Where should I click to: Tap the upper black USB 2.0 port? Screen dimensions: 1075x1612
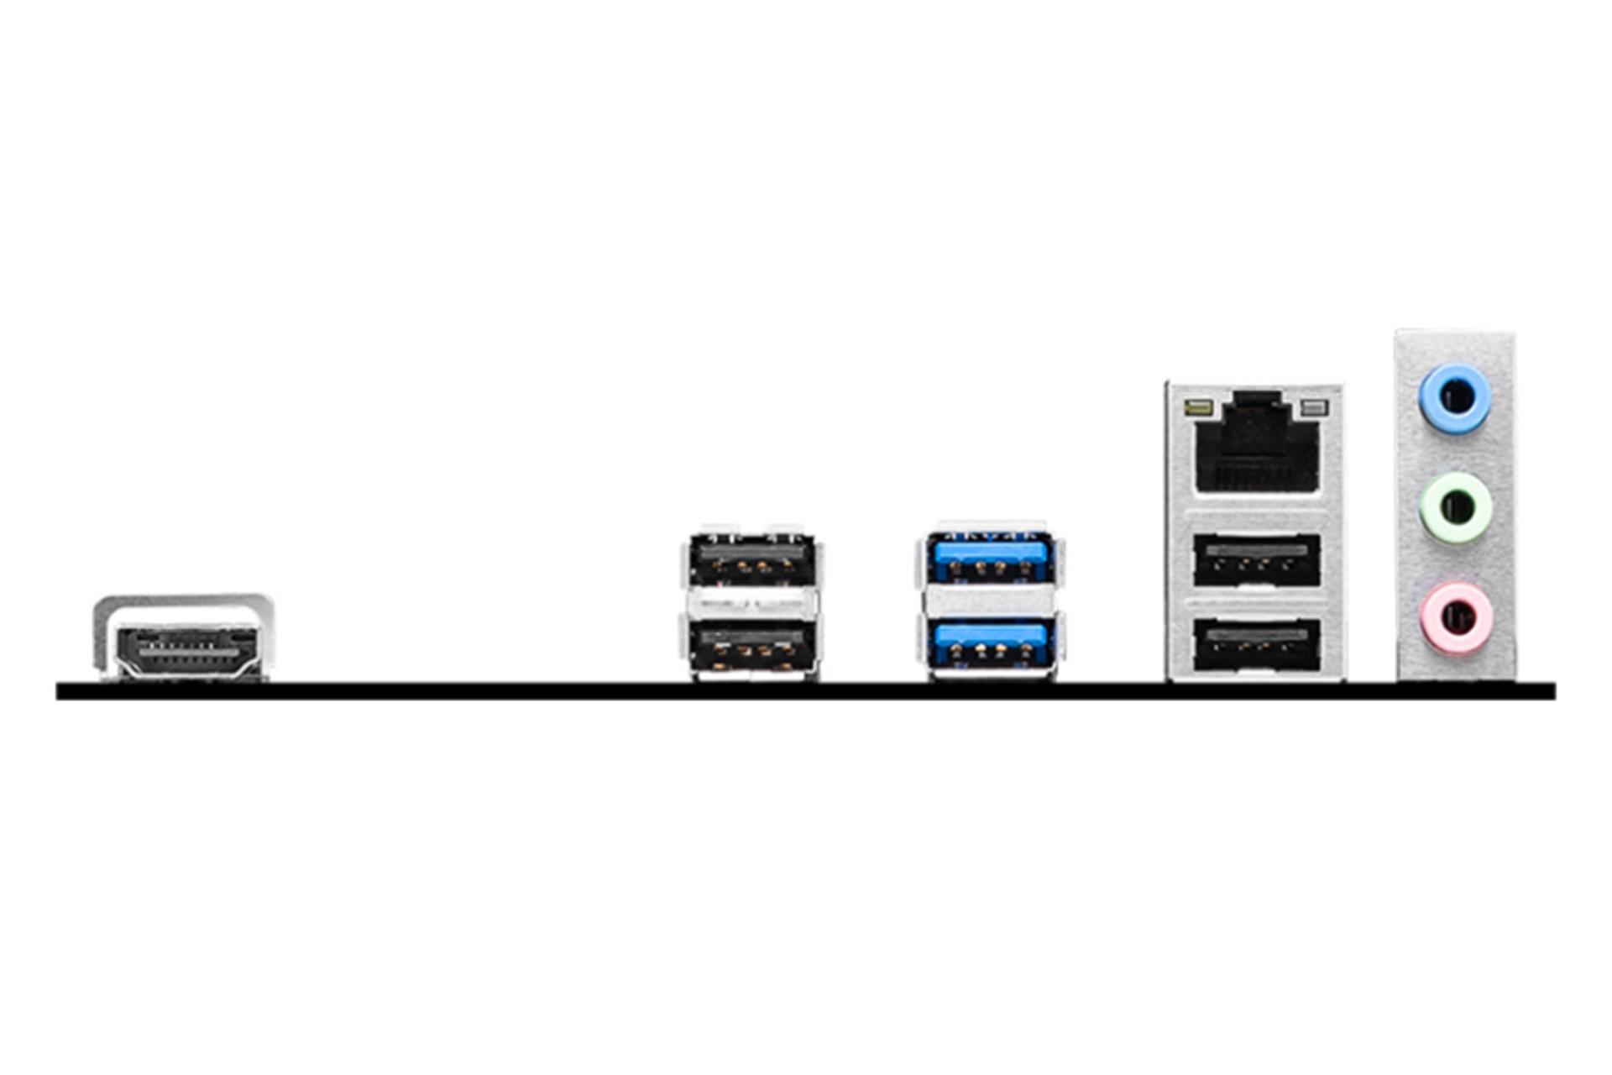(751, 558)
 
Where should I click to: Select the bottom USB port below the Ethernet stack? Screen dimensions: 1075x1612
(1256, 645)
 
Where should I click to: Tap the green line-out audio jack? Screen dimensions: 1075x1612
(1455, 506)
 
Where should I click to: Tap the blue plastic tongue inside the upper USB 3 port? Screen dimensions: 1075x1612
(991, 552)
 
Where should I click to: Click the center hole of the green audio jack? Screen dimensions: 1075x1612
(1457, 507)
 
